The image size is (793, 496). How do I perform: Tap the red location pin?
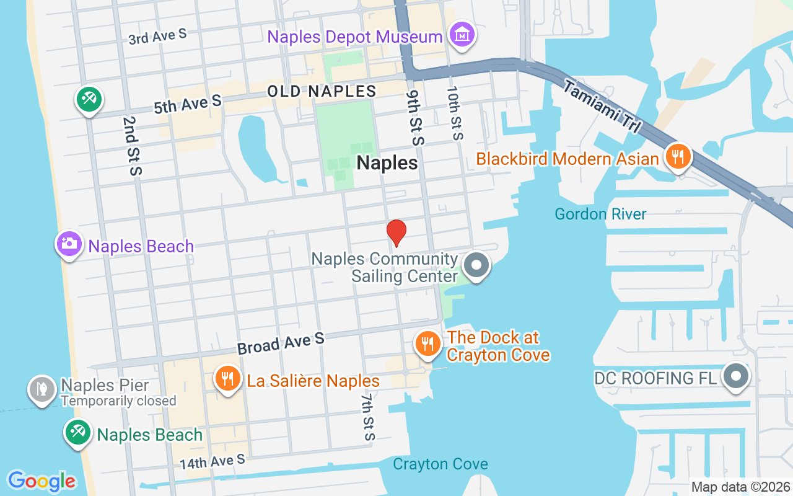point(396,232)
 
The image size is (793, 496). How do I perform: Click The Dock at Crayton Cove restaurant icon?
point(427,343)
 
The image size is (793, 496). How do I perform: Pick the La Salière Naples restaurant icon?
point(227,378)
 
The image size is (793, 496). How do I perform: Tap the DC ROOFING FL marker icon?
point(736,376)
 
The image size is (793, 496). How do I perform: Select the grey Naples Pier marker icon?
point(42,389)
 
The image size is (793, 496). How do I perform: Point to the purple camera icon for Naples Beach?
point(69,244)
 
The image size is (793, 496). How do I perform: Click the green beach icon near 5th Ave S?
point(89,99)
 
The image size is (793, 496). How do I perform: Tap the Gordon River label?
point(600,215)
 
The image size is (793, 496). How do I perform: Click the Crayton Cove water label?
point(440,464)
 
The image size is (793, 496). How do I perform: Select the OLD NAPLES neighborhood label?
point(322,91)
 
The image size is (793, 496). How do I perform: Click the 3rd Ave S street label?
point(157,37)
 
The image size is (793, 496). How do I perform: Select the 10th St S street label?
point(455,112)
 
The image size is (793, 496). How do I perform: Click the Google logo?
point(42,480)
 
